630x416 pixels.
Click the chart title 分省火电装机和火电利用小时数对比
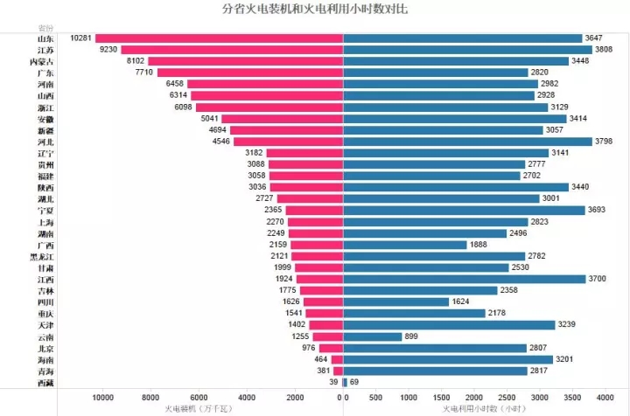tap(315, 10)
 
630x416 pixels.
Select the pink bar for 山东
tap(219, 38)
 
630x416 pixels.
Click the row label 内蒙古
tap(41, 61)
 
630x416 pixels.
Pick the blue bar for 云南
tap(373, 336)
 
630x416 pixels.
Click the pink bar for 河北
tap(289, 142)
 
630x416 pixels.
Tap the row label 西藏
tap(45, 382)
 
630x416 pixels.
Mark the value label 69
tap(354, 382)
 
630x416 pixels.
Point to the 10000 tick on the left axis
tap(103, 397)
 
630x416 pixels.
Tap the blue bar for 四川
tap(402, 302)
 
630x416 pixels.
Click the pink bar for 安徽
tap(283, 119)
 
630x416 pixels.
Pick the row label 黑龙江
tap(41, 256)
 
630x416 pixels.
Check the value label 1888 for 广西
tap(482, 245)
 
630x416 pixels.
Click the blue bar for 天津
tap(449, 324)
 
